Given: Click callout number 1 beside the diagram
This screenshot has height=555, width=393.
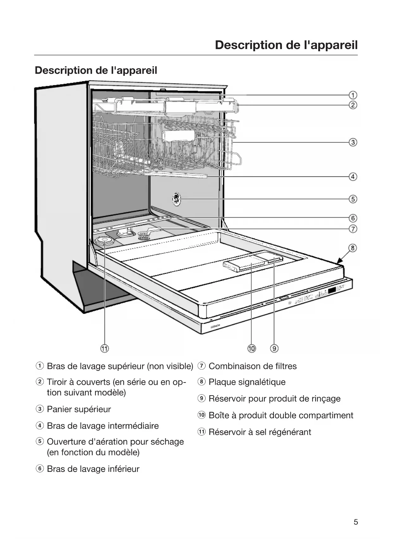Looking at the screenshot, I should click(353, 95).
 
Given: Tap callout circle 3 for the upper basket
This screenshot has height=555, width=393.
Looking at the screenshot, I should click(353, 142).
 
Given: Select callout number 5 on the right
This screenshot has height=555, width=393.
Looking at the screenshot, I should click(353, 199).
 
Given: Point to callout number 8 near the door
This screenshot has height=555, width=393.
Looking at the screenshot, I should click(353, 248).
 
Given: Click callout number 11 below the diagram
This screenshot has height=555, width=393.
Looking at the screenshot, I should click(105, 348).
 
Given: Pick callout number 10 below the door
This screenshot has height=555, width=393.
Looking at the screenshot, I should click(251, 348).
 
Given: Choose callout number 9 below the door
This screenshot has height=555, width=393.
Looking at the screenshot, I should click(274, 348).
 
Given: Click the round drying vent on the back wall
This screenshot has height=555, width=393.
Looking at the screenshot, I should click(176, 199).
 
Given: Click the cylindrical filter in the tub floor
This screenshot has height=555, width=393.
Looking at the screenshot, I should click(143, 235).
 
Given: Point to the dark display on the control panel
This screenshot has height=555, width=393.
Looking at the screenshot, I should click(332, 290).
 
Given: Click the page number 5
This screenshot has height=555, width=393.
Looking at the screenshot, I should click(356, 522).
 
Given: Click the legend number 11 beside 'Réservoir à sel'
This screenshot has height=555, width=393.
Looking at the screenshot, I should click(201, 432).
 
